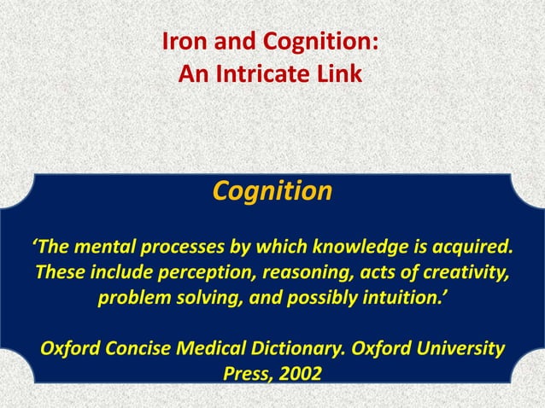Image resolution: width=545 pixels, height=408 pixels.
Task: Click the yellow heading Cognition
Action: pyautogui.click(x=272, y=190)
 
